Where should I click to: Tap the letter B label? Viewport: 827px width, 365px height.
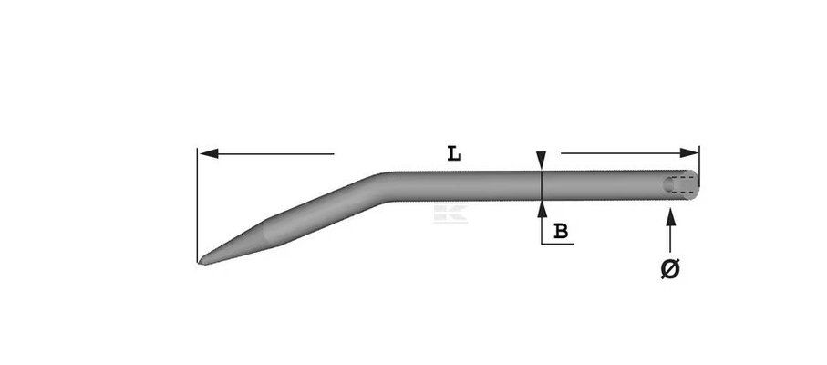561,232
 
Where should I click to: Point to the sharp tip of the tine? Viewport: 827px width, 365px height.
201,263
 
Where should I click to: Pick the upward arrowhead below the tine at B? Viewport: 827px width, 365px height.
543,209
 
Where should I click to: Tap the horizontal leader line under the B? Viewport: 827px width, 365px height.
557,245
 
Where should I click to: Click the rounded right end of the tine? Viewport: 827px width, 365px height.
697,185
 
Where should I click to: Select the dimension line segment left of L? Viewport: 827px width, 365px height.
274,154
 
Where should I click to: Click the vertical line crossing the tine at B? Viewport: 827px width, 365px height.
543,186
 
